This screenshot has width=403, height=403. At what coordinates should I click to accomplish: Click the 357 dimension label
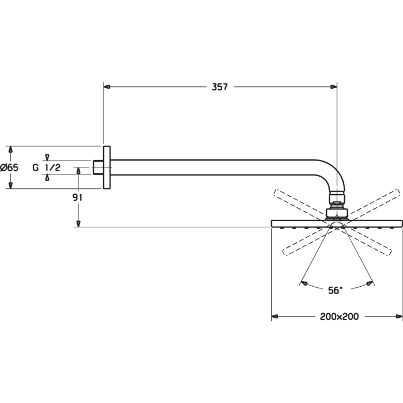click(x=220, y=87)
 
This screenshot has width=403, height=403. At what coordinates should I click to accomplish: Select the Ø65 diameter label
click(x=10, y=168)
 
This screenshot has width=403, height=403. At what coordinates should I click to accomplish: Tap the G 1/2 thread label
click(x=47, y=168)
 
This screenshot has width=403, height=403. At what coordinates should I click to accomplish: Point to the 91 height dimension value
click(x=77, y=197)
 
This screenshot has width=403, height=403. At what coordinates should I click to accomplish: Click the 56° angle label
click(x=335, y=290)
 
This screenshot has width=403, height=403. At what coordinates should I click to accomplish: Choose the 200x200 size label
click(x=339, y=317)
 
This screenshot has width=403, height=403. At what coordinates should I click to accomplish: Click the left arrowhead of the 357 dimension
click(x=107, y=87)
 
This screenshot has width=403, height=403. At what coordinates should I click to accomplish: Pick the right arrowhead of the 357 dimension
click(x=333, y=87)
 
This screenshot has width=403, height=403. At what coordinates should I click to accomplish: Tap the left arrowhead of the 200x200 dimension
click(x=275, y=317)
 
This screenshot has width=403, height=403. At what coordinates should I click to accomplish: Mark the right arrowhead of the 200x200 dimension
click(x=399, y=317)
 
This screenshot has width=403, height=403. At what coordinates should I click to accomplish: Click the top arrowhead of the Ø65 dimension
click(x=10, y=150)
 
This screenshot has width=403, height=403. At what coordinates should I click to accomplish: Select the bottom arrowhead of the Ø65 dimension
click(x=10, y=185)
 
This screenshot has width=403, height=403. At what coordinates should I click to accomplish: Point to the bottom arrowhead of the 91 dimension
click(x=79, y=223)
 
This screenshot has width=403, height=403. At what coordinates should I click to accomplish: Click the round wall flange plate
click(x=107, y=168)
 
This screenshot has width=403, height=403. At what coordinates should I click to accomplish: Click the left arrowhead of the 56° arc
click(x=304, y=283)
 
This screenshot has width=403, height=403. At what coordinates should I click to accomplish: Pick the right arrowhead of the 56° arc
click(x=370, y=283)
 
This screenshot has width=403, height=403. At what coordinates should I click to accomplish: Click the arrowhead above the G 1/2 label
click(x=47, y=157)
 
